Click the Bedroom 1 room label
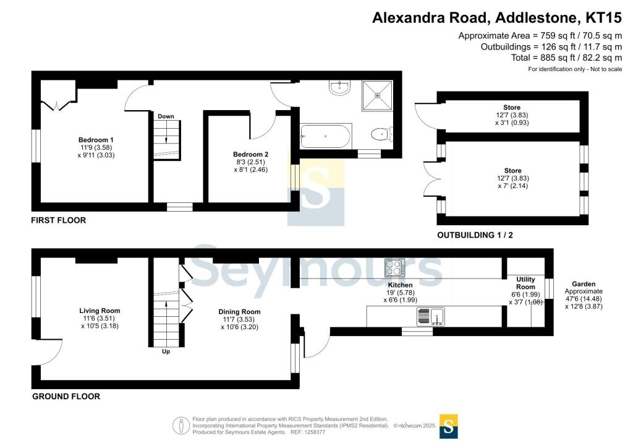pyautogui.click(x=96, y=140)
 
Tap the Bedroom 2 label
pyautogui.click(x=251, y=154)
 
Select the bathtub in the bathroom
pyautogui.click(x=326, y=137)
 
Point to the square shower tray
pyautogui.click(x=378, y=95)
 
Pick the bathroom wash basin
pyautogui.click(x=339, y=87)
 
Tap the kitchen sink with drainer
pyautogui.click(x=431, y=316)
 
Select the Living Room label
pyautogui.click(x=100, y=311)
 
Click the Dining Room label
pyautogui.click(x=239, y=312)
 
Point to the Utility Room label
pyautogui.click(x=525, y=283)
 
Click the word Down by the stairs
pyautogui.click(x=166, y=116)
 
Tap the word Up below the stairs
pyautogui.click(x=166, y=352)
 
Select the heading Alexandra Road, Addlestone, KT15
pyautogui.click(x=497, y=18)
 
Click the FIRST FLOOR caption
pyautogui.click(x=59, y=220)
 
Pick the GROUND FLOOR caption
pyautogui.click(x=66, y=396)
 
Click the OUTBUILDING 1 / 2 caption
pyautogui.click(x=475, y=235)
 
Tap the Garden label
pyautogui.click(x=584, y=284)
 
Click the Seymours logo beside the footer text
pyautogui.click(x=449, y=426)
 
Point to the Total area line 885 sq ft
pyautogui.click(x=567, y=58)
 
